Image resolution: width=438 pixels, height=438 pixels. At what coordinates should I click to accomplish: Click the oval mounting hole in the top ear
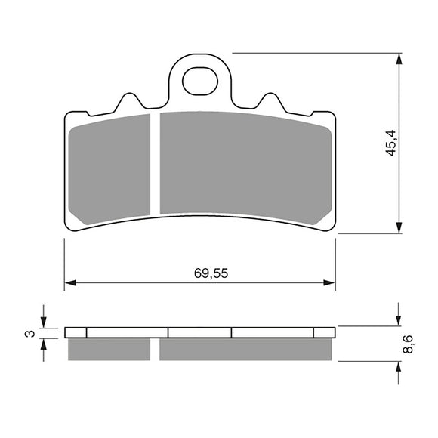[x=199, y=82]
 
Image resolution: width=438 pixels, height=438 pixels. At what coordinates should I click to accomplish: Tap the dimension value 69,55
[x=200, y=274]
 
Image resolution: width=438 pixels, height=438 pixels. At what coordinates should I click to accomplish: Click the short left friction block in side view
[x=109, y=347]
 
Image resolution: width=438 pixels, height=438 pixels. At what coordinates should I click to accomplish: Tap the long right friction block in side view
[x=245, y=347]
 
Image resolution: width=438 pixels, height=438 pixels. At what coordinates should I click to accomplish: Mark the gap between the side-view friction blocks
[x=156, y=347]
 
